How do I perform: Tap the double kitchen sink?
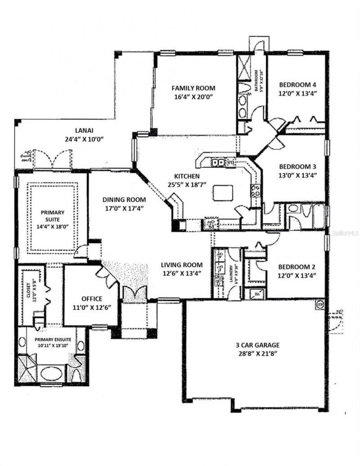219,162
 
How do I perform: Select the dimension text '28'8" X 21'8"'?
258,354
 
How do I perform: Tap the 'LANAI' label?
84,130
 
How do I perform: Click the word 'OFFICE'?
91,299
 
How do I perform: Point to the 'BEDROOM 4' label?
297,85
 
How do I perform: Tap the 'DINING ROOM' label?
117,200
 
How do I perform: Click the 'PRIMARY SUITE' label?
53,216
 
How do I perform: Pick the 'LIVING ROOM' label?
182,265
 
